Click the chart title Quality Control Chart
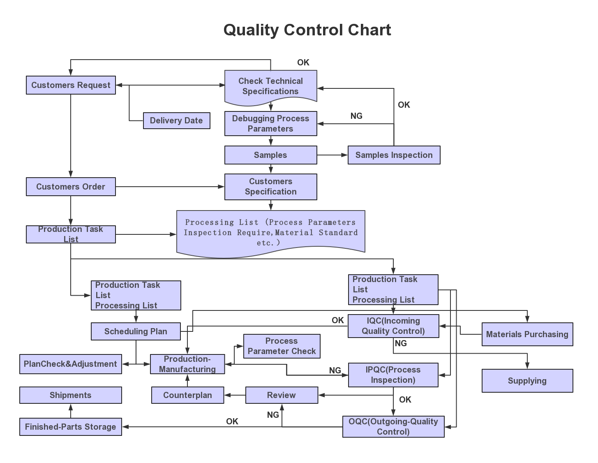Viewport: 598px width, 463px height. tap(307, 30)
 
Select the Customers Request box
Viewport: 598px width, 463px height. tap(71, 85)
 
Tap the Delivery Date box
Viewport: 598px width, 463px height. tap(176, 120)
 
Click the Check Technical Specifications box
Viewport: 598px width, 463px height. tap(270, 86)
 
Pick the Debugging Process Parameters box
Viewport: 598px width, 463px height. tap(270, 123)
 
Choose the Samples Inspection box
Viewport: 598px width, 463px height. tap(394, 155)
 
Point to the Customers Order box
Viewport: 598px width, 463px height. tap(71, 187)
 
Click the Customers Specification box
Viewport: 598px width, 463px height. tap(270, 187)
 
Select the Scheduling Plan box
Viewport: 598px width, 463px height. tap(136, 331)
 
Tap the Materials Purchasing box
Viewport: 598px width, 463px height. tap(527, 334)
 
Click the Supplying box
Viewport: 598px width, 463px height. tap(527, 381)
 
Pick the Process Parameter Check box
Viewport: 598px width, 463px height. tap(282, 346)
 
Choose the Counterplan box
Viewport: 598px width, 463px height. tap(187, 395)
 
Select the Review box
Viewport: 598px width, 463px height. tap(282, 395)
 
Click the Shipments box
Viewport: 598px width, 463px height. tap(70, 395)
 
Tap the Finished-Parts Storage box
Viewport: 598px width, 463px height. tap(70, 427)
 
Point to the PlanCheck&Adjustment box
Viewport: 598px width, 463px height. tap(70, 364)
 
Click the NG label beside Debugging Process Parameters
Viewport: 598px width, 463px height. tap(356, 116)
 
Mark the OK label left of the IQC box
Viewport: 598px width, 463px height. tap(337, 320)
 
